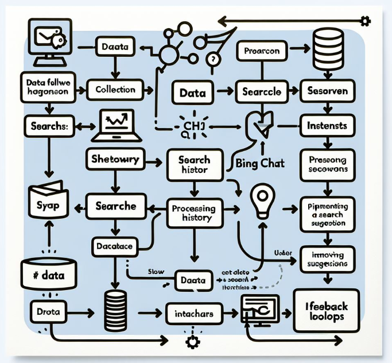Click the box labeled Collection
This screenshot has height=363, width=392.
[x=115, y=90]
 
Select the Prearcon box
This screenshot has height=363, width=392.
[x=261, y=52]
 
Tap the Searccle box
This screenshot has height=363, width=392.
[x=261, y=91]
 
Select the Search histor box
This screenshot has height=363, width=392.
[x=193, y=165]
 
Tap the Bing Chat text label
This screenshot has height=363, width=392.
[x=260, y=164]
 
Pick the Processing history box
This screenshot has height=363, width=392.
[x=193, y=213]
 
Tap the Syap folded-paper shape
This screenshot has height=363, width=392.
[x=47, y=201]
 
